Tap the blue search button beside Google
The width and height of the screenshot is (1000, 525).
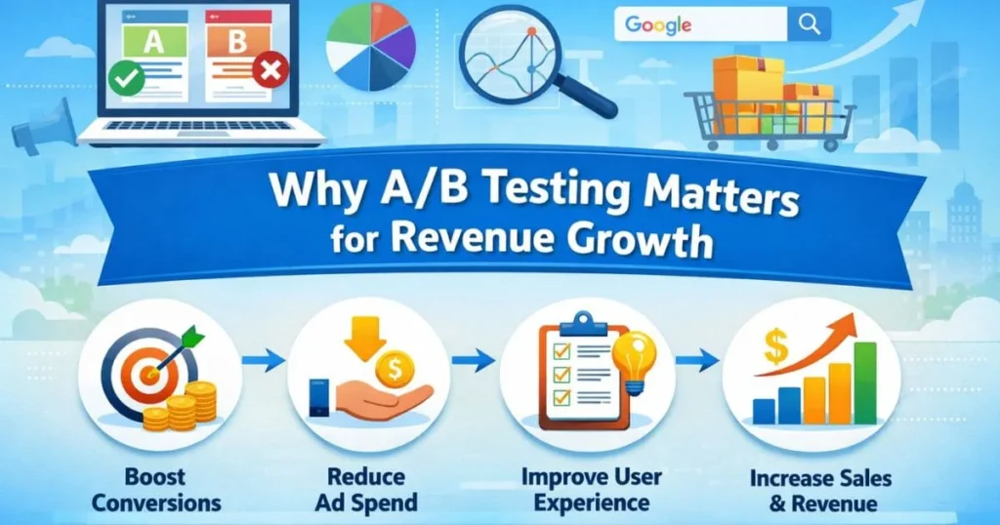point(809,25)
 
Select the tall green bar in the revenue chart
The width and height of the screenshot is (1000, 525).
point(863,382)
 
